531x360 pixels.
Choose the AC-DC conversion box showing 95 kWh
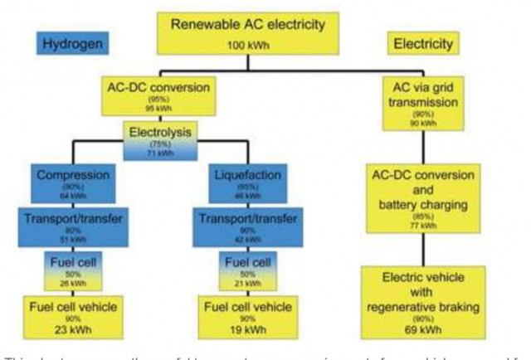click(158, 96)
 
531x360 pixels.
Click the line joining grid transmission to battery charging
click(427, 148)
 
